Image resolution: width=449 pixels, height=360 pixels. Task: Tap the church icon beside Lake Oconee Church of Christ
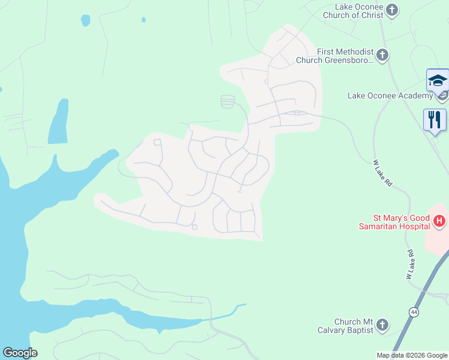392,10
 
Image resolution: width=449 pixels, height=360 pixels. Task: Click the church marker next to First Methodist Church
382,56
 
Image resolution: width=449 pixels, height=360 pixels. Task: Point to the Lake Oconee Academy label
390,95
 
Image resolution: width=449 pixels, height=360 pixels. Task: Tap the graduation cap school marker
437,80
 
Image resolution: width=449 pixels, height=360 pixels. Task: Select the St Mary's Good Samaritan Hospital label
394,221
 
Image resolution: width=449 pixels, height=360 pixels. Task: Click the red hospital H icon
439,222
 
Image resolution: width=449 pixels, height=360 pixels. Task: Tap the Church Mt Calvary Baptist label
345,326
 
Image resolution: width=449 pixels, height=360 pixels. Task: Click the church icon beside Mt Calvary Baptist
382,326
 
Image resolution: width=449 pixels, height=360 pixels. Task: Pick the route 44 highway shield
414,313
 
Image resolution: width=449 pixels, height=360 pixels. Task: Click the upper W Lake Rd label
382,173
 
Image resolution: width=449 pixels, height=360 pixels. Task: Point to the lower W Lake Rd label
411,265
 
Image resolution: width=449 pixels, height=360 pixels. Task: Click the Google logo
20,353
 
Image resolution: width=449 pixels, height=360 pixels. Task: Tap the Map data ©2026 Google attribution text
412,355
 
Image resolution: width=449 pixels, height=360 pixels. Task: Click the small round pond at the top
85,20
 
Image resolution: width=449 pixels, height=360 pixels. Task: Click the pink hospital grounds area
437,240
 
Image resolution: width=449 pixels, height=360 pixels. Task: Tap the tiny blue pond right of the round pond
143,19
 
